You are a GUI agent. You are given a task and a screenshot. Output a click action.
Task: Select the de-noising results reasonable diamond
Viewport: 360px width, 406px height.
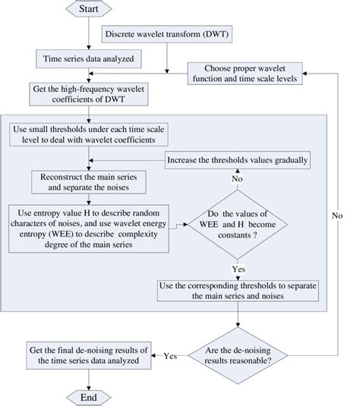(x=238, y=354)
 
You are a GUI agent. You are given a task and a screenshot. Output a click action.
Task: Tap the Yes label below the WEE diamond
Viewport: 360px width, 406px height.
(x=238, y=269)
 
